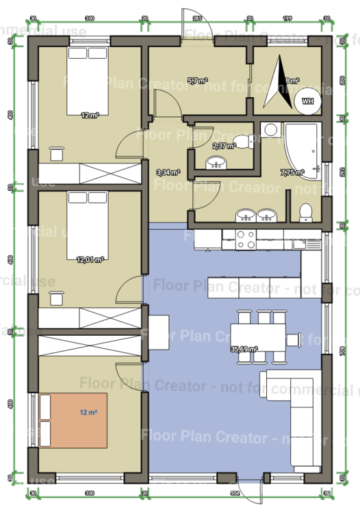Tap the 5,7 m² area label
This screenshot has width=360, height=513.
[197, 80]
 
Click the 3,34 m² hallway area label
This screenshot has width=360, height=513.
[168, 172]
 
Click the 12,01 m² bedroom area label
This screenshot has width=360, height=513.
[90, 259]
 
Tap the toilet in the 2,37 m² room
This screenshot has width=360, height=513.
[242, 142]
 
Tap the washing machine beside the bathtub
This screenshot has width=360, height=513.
[270, 129]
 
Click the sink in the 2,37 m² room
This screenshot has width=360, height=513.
[216, 163]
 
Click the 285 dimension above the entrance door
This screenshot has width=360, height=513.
[197, 18]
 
